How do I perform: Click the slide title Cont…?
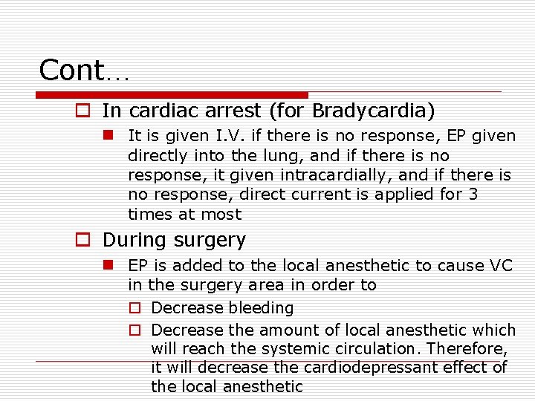click(x=84, y=70)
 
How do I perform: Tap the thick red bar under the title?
click(x=172, y=95)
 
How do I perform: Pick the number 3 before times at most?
click(x=473, y=195)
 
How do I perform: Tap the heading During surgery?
click(x=174, y=240)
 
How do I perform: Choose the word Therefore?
click(x=470, y=348)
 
